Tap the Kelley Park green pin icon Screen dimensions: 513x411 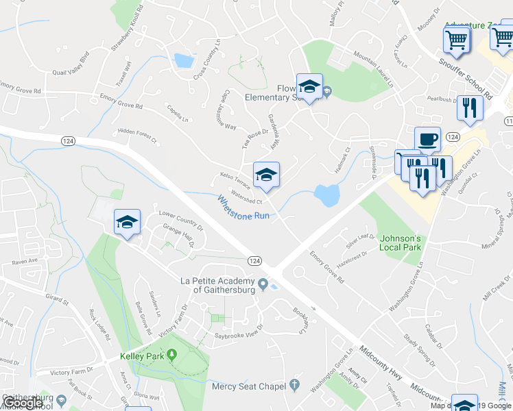[171, 355]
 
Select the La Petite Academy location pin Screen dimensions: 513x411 [263, 283]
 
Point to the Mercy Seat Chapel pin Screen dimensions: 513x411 [295, 385]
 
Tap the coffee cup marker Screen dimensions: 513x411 [427, 139]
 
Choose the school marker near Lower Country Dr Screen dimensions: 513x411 [127, 222]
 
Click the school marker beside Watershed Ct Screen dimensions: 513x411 [266, 174]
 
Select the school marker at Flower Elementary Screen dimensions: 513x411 [309, 87]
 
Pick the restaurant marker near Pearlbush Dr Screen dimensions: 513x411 [470, 108]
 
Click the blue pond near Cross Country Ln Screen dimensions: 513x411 [184, 61]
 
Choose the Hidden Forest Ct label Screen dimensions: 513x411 [137, 136]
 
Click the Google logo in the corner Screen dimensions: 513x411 [23, 403]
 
